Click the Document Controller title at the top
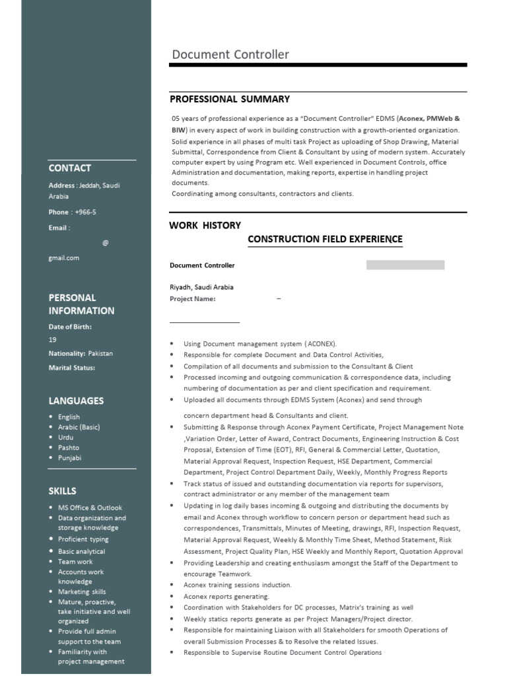230,55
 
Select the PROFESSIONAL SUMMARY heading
230,99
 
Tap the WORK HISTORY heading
205,225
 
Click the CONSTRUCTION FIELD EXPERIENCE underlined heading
325,239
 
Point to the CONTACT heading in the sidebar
70,168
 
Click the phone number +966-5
90,212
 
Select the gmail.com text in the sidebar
64,258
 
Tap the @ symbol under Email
105,243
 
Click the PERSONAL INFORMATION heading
81,304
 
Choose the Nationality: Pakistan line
81,353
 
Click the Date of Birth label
70,326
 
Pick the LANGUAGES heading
76,401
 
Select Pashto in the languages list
69,448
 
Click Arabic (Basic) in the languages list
79,427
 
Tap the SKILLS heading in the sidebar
62,491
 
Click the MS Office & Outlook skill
90,508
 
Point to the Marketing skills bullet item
82,591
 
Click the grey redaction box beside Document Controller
405,265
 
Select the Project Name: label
193,298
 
